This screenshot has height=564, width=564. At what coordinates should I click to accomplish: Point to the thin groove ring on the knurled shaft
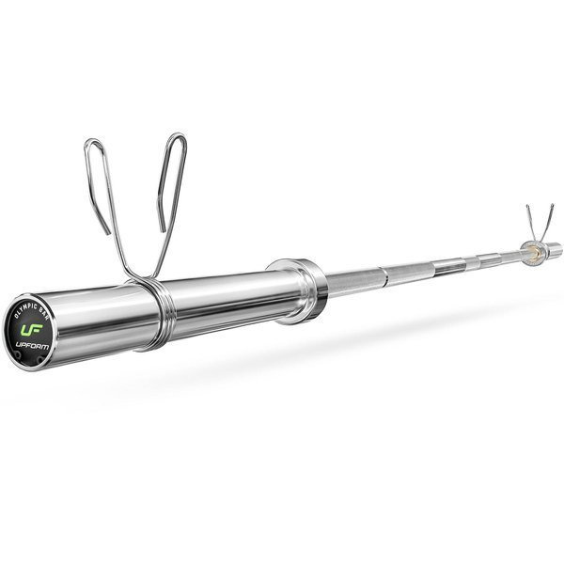click(x=383, y=276)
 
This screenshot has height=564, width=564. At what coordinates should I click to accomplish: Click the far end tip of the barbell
click(x=557, y=248)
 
